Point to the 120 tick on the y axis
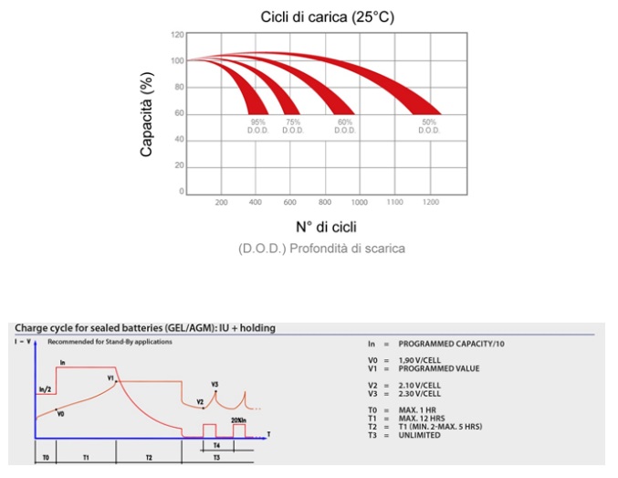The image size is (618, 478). (x=178, y=35)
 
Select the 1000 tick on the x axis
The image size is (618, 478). (x=360, y=201)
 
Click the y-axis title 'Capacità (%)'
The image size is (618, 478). (x=146, y=115)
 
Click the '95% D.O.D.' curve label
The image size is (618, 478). (x=258, y=126)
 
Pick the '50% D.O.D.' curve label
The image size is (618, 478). (x=429, y=126)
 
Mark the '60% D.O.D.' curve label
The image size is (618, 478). (x=345, y=126)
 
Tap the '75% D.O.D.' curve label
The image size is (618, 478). (x=293, y=126)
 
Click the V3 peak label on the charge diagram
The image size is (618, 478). (x=215, y=384)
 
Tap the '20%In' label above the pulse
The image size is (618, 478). (x=239, y=419)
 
